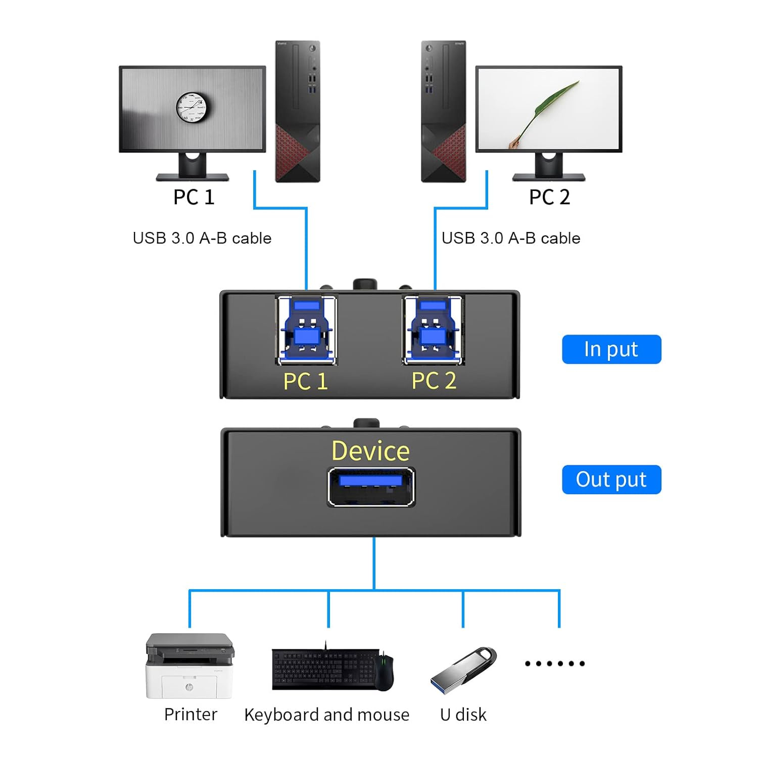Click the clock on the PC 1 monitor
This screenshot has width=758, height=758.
pyautogui.click(x=192, y=108)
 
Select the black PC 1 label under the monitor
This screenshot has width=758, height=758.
pyautogui.click(x=194, y=197)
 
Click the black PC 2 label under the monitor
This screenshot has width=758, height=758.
pyautogui.click(x=549, y=197)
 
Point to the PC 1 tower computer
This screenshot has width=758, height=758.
pyautogui.click(x=298, y=111)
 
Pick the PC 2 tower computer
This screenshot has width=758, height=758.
pyautogui.click(x=444, y=111)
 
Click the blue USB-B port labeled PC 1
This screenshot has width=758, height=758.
pyautogui.click(x=307, y=329)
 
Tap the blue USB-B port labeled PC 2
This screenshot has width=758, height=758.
pyautogui.click(x=433, y=329)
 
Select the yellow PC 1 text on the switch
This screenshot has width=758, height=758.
pyautogui.click(x=305, y=382)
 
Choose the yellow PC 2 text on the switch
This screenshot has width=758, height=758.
pyautogui.click(x=434, y=381)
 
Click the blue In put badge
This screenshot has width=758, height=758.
pyautogui.click(x=611, y=349)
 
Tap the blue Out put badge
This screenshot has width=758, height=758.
pyautogui.click(x=611, y=480)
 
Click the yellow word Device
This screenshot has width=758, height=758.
pyautogui.click(x=370, y=451)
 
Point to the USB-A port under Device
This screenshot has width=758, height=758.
pyautogui.click(x=371, y=487)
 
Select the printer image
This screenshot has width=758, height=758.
pyautogui.click(x=190, y=666)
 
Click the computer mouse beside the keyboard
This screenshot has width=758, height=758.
pyautogui.click(x=384, y=671)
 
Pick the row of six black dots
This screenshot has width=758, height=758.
pyautogui.click(x=555, y=664)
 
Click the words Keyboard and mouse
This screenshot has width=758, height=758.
pyautogui.click(x=326, y=715)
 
